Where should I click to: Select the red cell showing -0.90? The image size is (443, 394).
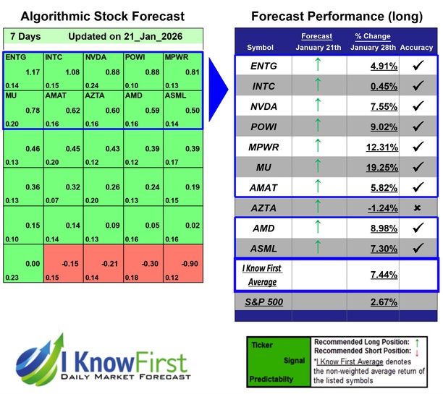pos(190,263)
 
